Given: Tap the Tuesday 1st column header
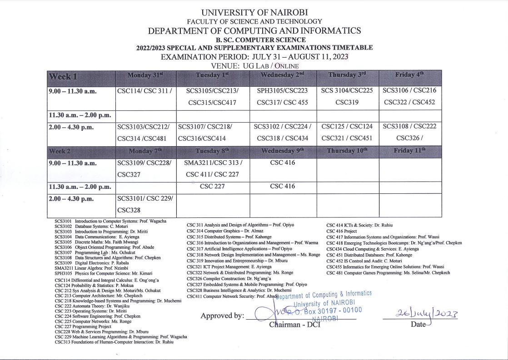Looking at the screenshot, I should pyautogui.click(x=212, y=75).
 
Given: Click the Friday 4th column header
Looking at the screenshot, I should pyautogui.click(x=410, y=75).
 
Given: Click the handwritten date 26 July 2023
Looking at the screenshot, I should pyautogui.click(x=420, y=314).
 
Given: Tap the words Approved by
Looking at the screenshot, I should pyautogui.click(x=222, y=316).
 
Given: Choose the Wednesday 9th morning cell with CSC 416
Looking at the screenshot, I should pyautogui.click(x=283, y=163).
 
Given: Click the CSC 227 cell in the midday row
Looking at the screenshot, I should pyautogui.click(x=213, y=186).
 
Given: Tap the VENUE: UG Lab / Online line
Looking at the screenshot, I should pyautogui.click(x=254, y=66).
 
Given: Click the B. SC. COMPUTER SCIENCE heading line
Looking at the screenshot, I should pyautogui.click(x=254, y=40).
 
